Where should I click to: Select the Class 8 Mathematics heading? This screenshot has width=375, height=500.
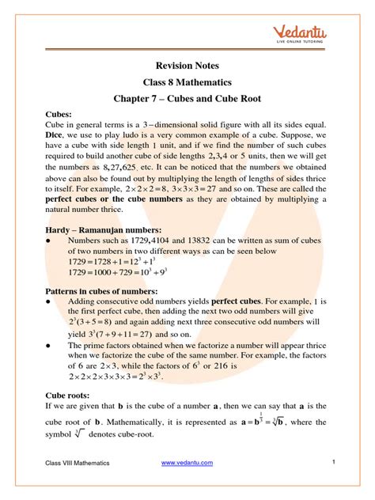click(187, 85)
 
